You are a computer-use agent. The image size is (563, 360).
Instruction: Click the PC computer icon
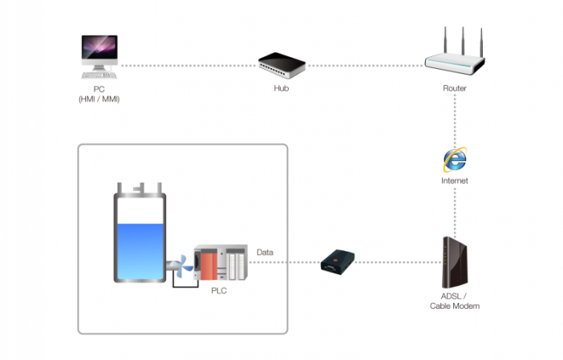(x=99, y=55)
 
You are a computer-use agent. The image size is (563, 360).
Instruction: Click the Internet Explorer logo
(x=455, y=160)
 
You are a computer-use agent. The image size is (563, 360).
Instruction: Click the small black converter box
(x=336, y=262)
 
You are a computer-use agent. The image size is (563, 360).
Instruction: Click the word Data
(x=265, y=253)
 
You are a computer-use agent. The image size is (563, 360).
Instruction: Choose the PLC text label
(x=219, y=290)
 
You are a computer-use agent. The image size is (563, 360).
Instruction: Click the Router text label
(x=455, y=88)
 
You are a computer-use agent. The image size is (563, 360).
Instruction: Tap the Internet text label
(x=455, y=181)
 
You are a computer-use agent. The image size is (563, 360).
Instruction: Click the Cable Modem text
(x=455, y=306)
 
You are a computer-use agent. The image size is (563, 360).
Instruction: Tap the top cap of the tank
(x=140, y=190)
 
